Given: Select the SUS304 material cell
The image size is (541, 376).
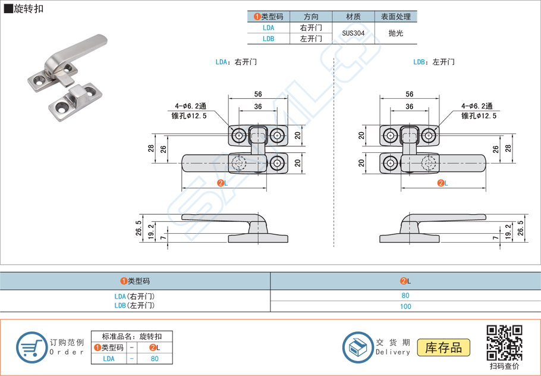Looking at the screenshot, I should [x=353, y=33].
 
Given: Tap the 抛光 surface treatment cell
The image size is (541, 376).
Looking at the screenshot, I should [x=395, y=33].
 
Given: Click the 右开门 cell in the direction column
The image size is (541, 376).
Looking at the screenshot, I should [x=311, y=28].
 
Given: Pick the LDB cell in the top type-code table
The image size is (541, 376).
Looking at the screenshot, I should [x=268, y=39].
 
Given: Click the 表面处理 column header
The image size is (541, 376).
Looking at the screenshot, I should [x=395, y=17].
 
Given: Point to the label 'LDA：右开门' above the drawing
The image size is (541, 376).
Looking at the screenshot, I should [x=236, y=62].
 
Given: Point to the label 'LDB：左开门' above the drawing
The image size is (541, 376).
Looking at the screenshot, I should [x=433, y=62].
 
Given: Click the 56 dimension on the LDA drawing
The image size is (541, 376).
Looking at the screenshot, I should [x=258, y=94].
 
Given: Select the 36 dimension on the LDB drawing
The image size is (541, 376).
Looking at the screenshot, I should [x=409, y=106].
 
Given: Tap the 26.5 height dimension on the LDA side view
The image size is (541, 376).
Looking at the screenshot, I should [x=139, y=227].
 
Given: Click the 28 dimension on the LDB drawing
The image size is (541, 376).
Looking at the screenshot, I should [x=508, y=148].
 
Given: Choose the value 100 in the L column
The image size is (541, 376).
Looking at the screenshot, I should [x=405, y=306].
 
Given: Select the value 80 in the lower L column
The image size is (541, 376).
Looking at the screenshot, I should [x=405, y=296].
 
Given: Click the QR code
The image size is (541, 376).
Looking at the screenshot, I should [x=504, y=343].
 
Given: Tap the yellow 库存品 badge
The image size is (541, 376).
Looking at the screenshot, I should [x=444, y=347].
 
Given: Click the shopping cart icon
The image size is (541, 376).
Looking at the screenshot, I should [x=31, y=347].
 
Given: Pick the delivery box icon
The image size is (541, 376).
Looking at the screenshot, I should [x=357, y=347].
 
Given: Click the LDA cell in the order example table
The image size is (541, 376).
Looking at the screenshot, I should [x=109, y=359].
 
